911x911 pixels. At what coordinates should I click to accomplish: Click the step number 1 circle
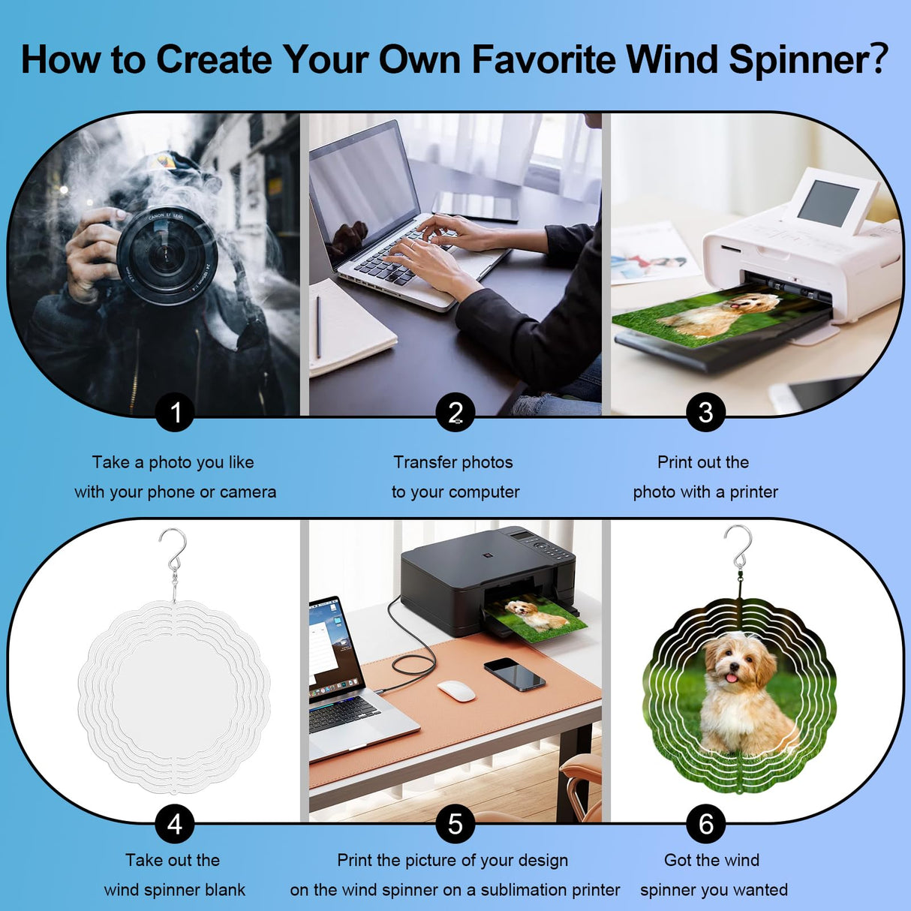coord(175,412)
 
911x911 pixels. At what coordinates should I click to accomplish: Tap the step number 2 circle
coord(456,412)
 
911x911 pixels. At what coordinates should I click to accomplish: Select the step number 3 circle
coord(705,412)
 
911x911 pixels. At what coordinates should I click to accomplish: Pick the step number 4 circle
coord(175,824)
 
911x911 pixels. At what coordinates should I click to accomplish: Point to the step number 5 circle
coord(456,824)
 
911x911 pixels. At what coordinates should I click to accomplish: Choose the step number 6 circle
coord(705,824)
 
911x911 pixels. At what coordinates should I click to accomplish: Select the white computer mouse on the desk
coord(456,690)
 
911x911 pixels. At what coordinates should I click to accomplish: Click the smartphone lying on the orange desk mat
coord(514,673)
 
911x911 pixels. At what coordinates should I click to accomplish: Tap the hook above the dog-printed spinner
coord(739,546)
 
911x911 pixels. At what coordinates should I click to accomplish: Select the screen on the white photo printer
coord(828,203)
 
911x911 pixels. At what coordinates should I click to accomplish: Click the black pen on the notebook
coord(318,326)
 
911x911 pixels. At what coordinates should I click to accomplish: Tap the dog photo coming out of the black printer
coord(537,618)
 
